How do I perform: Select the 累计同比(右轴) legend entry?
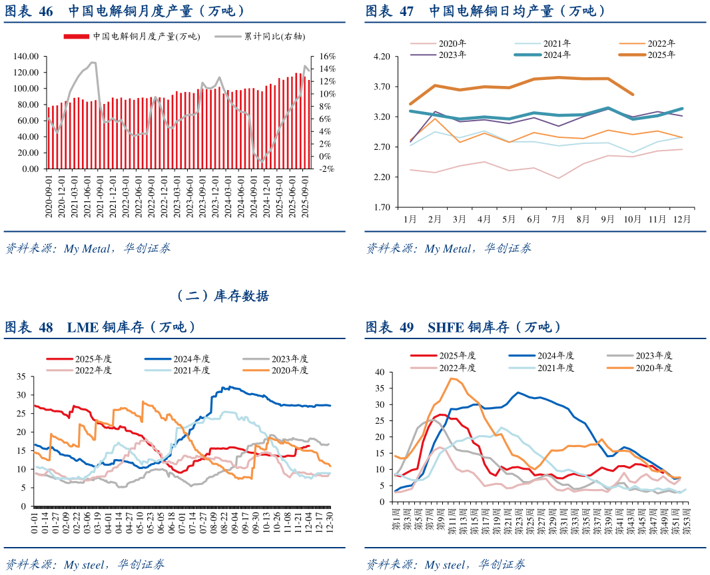tap(260, 36)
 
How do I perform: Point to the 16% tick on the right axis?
tap(328, 57)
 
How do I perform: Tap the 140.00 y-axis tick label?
tap(26, 57)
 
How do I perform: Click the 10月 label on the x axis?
tap(632, 219)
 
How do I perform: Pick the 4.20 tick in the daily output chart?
tap(382, 57)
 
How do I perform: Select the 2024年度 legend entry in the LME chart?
tap(177, 359)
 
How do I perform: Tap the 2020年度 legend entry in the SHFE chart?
tap(640, 368)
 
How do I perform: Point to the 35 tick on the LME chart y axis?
tap(22, 376)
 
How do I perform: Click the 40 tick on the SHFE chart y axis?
tap(380, 372)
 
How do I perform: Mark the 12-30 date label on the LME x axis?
tap(330, 522)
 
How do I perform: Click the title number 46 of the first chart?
tap(46, 11)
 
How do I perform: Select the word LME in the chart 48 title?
tap(83, 327)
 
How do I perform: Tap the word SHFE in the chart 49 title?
tap(446, 327)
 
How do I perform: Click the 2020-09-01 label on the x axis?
tap(49, 197)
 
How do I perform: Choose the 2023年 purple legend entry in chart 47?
tap(438, 55)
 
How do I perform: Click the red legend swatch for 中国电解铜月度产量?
tap(76, 37)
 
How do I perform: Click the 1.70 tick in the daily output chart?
tap(382, 207)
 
